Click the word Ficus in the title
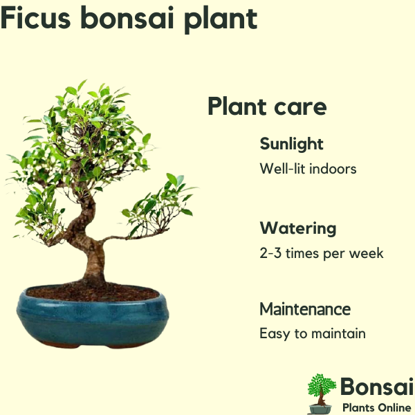coord(36,17)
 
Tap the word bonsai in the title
coord(127,17)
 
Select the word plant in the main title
coord(221,20)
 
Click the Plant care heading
coord(267,106)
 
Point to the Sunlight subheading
coord(291,145)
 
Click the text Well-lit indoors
coord(308,169)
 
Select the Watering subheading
coord(298,228)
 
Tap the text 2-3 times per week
coord(322,253)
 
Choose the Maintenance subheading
coord(305,309)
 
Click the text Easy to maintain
coord(313,333)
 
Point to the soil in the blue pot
coord(93,293)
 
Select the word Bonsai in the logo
coord(377,387)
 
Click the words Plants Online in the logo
coord(377,407)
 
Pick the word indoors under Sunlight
coord(333,169)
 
